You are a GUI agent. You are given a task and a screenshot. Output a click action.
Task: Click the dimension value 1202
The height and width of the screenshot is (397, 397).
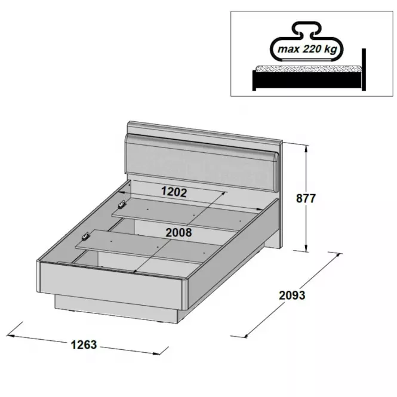tap(174, 192)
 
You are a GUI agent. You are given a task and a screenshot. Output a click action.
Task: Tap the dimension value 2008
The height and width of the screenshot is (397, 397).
tap(179, 232)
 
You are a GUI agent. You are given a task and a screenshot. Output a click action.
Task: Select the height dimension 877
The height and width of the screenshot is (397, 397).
tap(306, 198)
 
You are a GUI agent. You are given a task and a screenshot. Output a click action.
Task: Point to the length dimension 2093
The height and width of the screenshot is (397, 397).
tap(292, 296)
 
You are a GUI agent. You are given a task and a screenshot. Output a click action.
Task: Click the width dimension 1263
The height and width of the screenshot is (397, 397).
tap(84, 344)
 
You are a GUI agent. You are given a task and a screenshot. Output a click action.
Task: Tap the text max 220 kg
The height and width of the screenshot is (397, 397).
tap(307, 48)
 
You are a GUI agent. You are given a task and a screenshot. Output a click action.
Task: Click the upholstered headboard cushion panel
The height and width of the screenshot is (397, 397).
tap(201, 162)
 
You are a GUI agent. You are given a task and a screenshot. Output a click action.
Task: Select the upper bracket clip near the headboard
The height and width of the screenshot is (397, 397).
tap(122, 204)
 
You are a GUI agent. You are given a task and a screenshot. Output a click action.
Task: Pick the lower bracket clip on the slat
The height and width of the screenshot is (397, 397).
tap(85, 236)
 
